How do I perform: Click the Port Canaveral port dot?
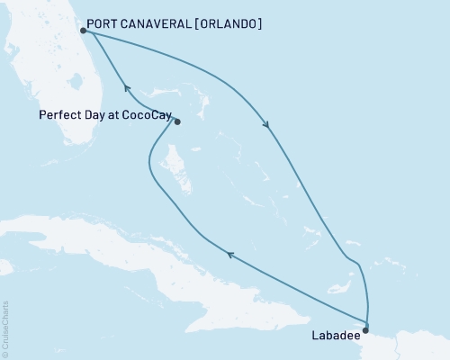point(83,30)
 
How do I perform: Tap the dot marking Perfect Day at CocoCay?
point(176,121)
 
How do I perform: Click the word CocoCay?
point(141,115)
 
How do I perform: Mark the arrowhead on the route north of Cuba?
point(230,255)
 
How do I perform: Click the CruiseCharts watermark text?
point(5,329)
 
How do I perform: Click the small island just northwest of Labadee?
point(340,288)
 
